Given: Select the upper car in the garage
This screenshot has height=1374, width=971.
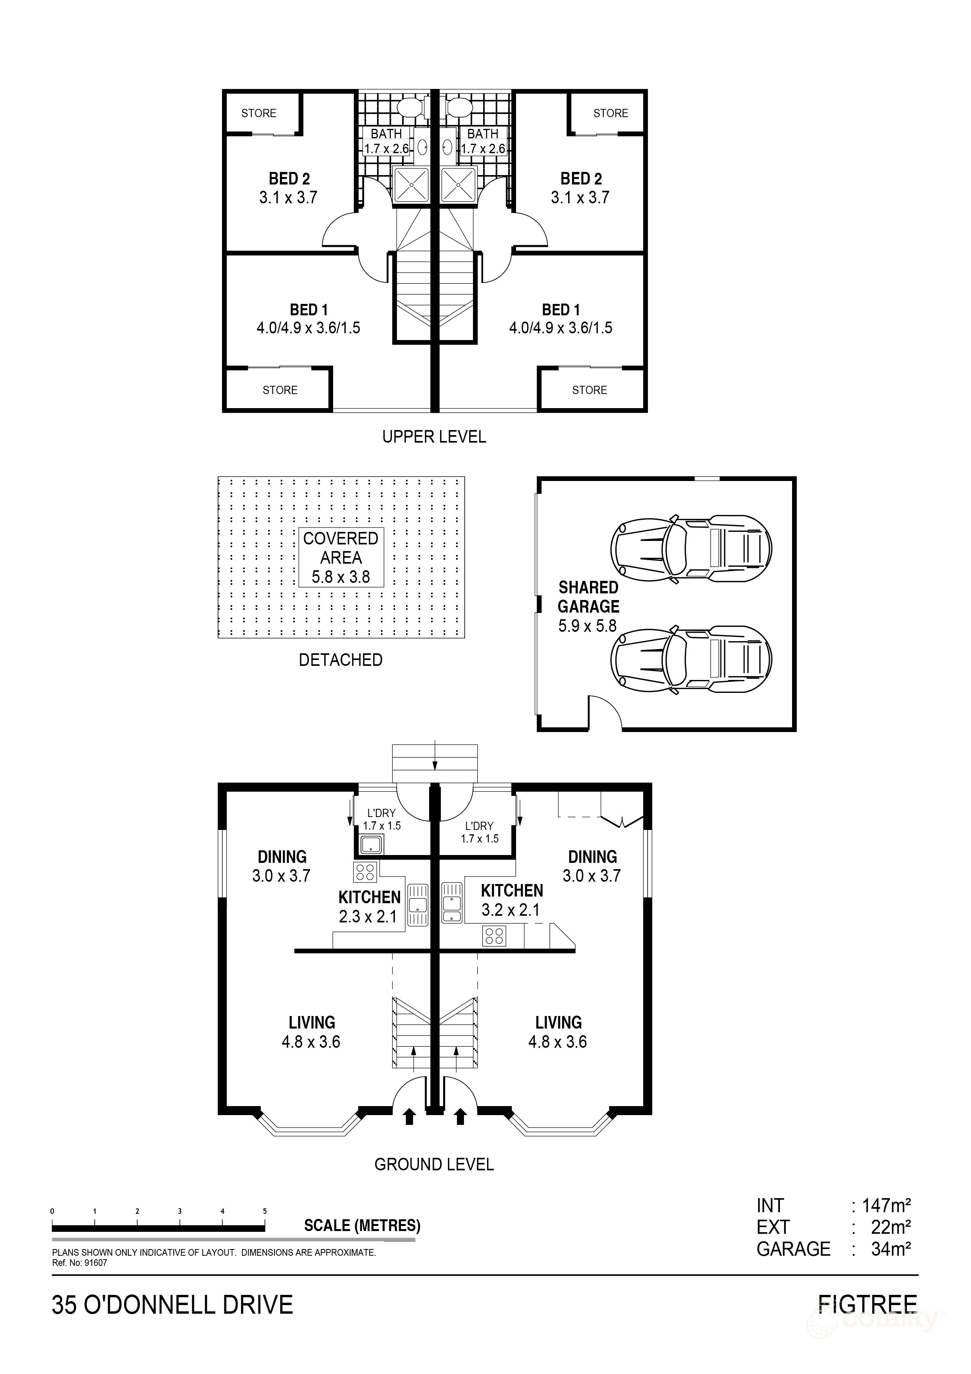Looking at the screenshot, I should pyautogui.click(x=691, y=547).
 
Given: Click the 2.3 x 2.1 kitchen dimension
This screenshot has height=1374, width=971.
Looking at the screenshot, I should pyautogui.click(x=368, y=916).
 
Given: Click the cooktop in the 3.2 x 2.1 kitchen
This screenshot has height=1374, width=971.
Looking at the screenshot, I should pyautogui.click(x=494, y=936).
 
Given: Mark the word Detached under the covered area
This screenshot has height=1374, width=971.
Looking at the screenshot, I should pyautogui.click(x=340, y=660).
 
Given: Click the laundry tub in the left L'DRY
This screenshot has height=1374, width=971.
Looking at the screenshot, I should pyautogui.click(x=372, y=845).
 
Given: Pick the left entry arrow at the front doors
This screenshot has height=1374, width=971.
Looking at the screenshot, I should pyautogui.click(x=409, y=1117).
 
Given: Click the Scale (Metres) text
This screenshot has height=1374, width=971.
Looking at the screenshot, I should pyautogui.click(x=362, y=1226).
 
